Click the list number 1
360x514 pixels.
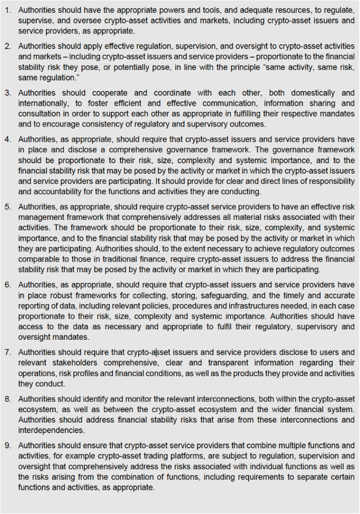pyautogui.click(x=8, y=10)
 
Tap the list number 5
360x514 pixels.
pyautogui.click(x=8, y=206)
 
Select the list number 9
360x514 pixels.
pyautogui.click(x=8, y=445)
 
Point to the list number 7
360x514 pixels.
pyautogui.click(x=8, y=352)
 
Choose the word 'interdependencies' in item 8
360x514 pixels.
pyautogui.click(x=49, y=430)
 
